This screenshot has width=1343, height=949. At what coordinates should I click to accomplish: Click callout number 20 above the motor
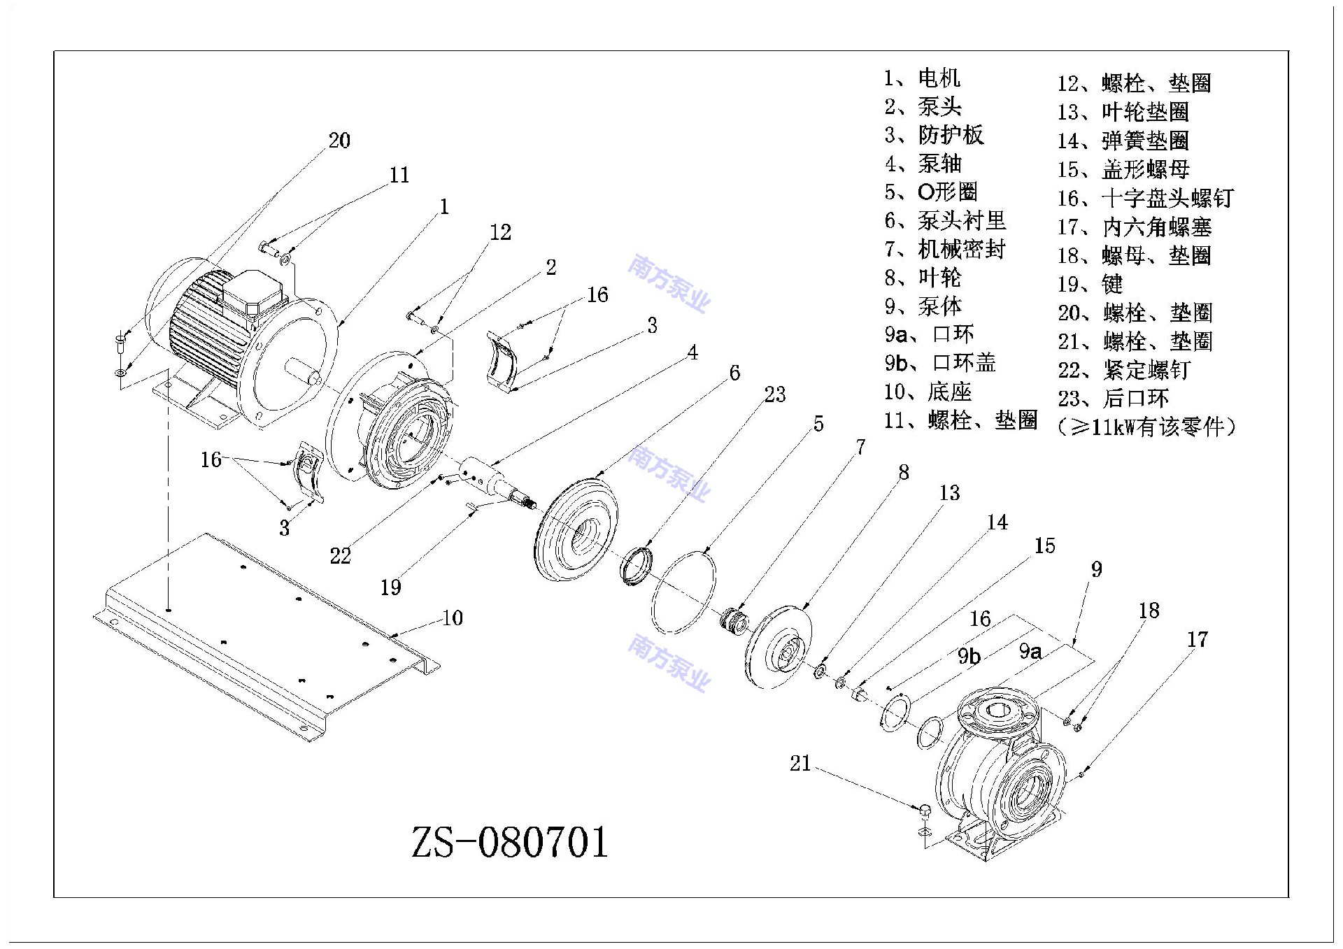point(339,141)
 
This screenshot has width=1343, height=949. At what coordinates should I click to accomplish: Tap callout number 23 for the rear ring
point(774,394)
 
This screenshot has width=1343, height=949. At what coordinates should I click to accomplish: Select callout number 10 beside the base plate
point(453,618)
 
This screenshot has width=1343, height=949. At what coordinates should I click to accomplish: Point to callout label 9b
point(969,656)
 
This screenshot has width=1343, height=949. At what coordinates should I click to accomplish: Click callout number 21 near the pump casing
point(800,763)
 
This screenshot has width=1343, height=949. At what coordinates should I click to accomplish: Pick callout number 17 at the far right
point(1197,639)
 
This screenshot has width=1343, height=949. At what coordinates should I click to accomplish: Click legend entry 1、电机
point(922,78)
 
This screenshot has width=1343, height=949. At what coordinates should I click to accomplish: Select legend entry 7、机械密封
point(944,249)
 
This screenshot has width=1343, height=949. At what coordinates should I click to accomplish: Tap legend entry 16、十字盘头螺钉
point(1145,198)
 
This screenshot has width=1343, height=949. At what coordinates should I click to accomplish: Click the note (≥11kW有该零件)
point(1146,427)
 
